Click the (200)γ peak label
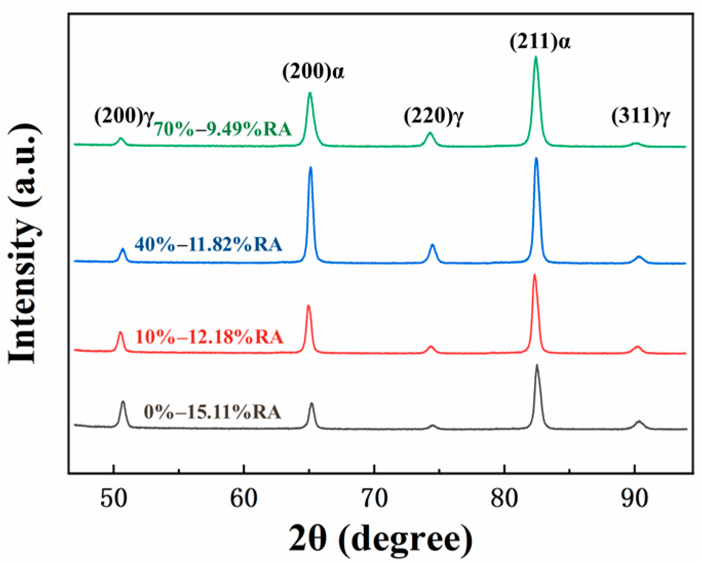124,116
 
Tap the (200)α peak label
313,71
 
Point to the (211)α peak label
540,42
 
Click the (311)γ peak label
640,116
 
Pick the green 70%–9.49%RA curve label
223,129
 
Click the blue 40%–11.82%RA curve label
208,244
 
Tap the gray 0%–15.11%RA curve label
212,411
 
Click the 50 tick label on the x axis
113,499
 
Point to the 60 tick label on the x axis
244,499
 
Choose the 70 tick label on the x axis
374,499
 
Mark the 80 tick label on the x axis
504,499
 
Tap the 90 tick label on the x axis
635,499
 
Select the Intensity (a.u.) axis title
24,243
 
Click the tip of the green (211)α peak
536,57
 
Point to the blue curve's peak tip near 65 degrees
310,168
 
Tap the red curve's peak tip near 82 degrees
535,275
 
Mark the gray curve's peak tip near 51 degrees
123,402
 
